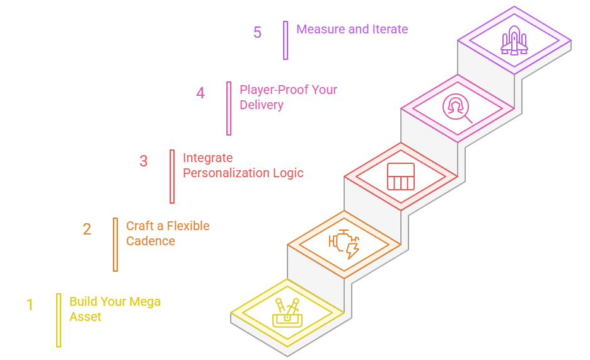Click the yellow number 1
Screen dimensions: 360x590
(30, 305)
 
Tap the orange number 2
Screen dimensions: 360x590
(87, 229)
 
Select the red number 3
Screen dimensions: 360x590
(144, 161)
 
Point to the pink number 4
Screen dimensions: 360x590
(200, 93)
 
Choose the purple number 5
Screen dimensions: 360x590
(257, 32)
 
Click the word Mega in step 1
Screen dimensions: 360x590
(146, 302)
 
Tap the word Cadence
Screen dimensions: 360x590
(151, 241)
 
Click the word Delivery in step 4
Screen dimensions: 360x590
(261, 105)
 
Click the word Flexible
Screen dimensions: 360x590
(188, 226)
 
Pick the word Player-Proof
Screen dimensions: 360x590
(274, 90)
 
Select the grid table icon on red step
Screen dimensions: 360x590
(401, 176)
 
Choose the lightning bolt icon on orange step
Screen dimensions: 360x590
(352, 250)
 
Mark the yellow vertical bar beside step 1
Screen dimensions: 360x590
(59, 320)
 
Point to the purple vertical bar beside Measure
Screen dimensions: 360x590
(286, 40)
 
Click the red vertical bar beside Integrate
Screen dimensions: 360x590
(172, 177)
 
